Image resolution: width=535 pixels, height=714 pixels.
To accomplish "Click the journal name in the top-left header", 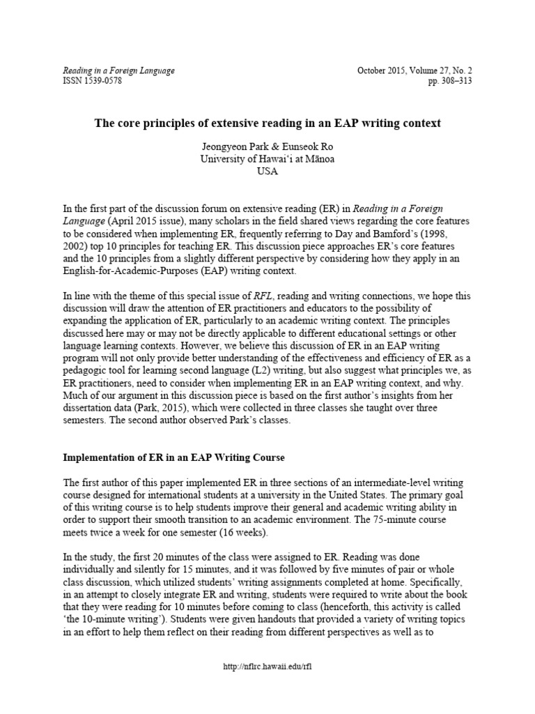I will click(x=119, y=70).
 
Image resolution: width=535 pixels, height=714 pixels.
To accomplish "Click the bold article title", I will click(x=267, y=123).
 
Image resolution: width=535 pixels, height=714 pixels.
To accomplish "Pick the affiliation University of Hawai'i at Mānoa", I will click(x=267, y=160).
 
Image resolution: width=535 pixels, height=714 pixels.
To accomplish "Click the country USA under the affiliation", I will click(x=267, y=172).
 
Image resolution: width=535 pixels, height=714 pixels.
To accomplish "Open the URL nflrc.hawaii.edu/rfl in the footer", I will click(x=267, y=667).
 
